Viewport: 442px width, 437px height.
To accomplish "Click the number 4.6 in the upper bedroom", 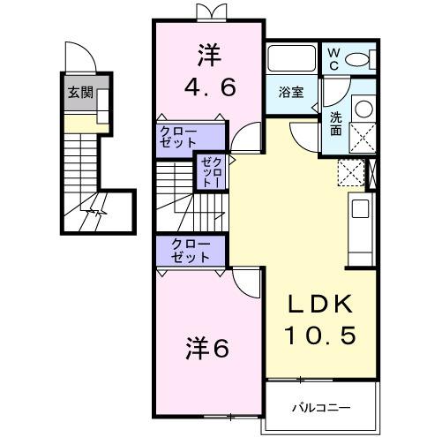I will point(208,89).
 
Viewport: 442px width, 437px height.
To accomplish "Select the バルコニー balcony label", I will point(321,408).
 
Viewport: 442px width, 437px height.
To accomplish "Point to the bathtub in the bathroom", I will point(290,59).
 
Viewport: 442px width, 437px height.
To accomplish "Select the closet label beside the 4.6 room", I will point(178,137).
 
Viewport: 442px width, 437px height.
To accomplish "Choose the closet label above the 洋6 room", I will point(191,251).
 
